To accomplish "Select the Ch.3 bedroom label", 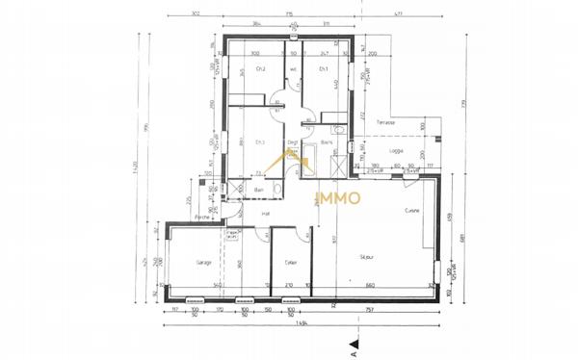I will pos(259,143).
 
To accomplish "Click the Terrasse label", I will pos(386,123).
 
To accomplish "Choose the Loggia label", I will pos(395,150).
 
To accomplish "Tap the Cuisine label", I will pos(412,211).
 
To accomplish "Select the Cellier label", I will pos(291,262).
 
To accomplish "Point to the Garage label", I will pos(203,262).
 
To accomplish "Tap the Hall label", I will pos(265,214).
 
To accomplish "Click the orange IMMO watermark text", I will pos(338,199).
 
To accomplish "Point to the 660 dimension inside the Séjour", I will pos(370,286).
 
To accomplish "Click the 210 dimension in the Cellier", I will pos(289,286).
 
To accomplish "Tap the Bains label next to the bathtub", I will pos(328,143).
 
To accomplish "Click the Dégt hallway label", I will pos(292,144).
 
